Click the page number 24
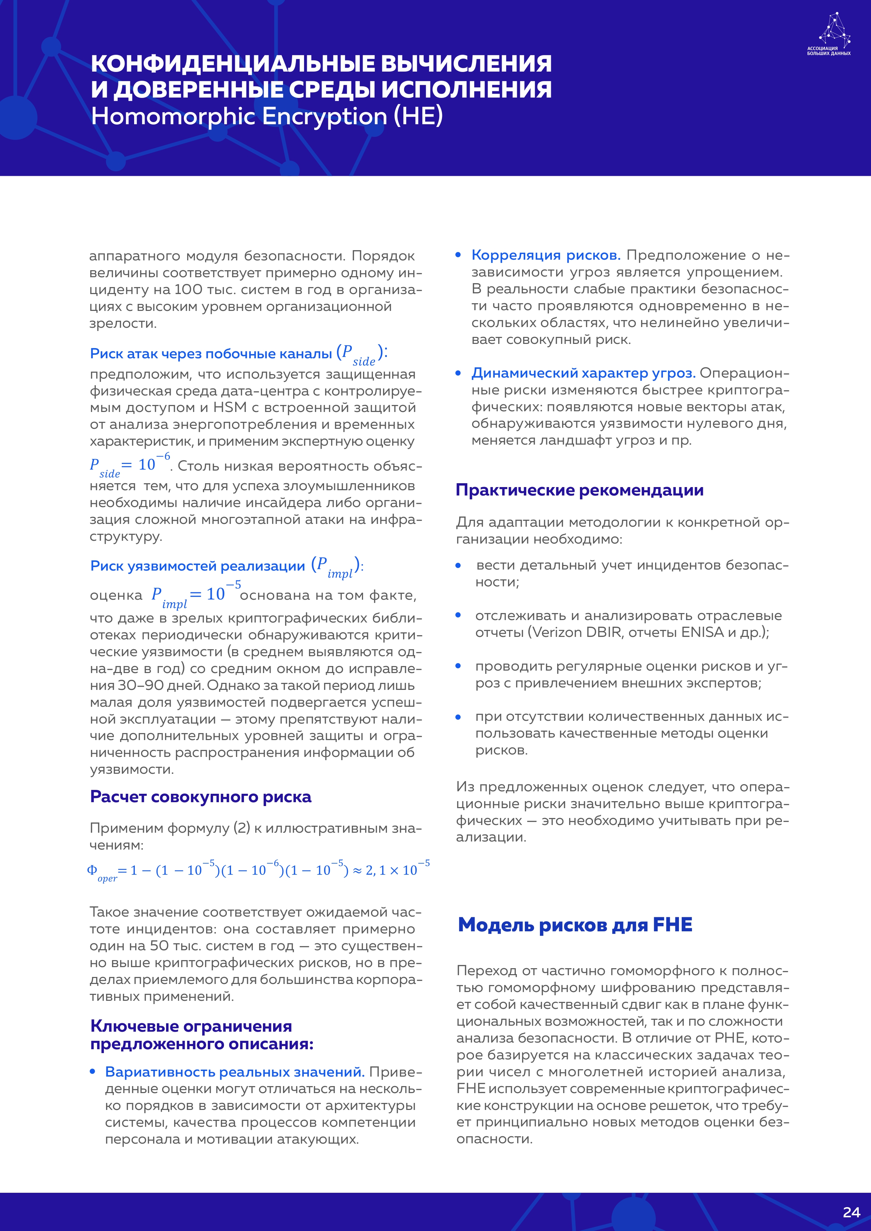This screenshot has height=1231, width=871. pos(851,1212)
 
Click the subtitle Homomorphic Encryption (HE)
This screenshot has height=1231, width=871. pos(266,117)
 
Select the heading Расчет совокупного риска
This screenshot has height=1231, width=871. pos(200,797)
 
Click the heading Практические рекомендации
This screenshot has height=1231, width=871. pos(579,490)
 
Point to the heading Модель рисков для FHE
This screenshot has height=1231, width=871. pos(575,925)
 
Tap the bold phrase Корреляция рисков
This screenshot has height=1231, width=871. pos(546,255)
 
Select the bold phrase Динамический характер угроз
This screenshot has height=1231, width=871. pos(583,373)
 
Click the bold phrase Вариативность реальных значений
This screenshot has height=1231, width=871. pos(235,1072)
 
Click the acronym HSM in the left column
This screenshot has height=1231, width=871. pos(230,407)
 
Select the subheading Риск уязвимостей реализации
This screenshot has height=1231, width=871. pos(197,566)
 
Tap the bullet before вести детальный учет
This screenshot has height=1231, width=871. pos(458,566)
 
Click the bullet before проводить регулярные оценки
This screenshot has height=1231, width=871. pos(458,666)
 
